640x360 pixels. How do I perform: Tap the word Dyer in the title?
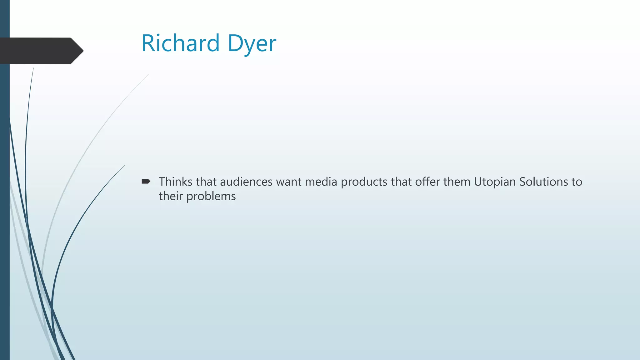[x=252, y=44]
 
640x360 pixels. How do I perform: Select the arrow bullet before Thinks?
[x=146, y=181]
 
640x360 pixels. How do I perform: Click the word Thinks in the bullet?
[x=175, y=182]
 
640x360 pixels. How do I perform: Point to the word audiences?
[x=246, y=182]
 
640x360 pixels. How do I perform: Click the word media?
[x=321, y=182]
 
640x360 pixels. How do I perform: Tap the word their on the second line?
[x=171, y=196]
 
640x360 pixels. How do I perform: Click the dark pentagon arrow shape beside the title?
[x=41, y=51]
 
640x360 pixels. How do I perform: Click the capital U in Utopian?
[x=478, y=182]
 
